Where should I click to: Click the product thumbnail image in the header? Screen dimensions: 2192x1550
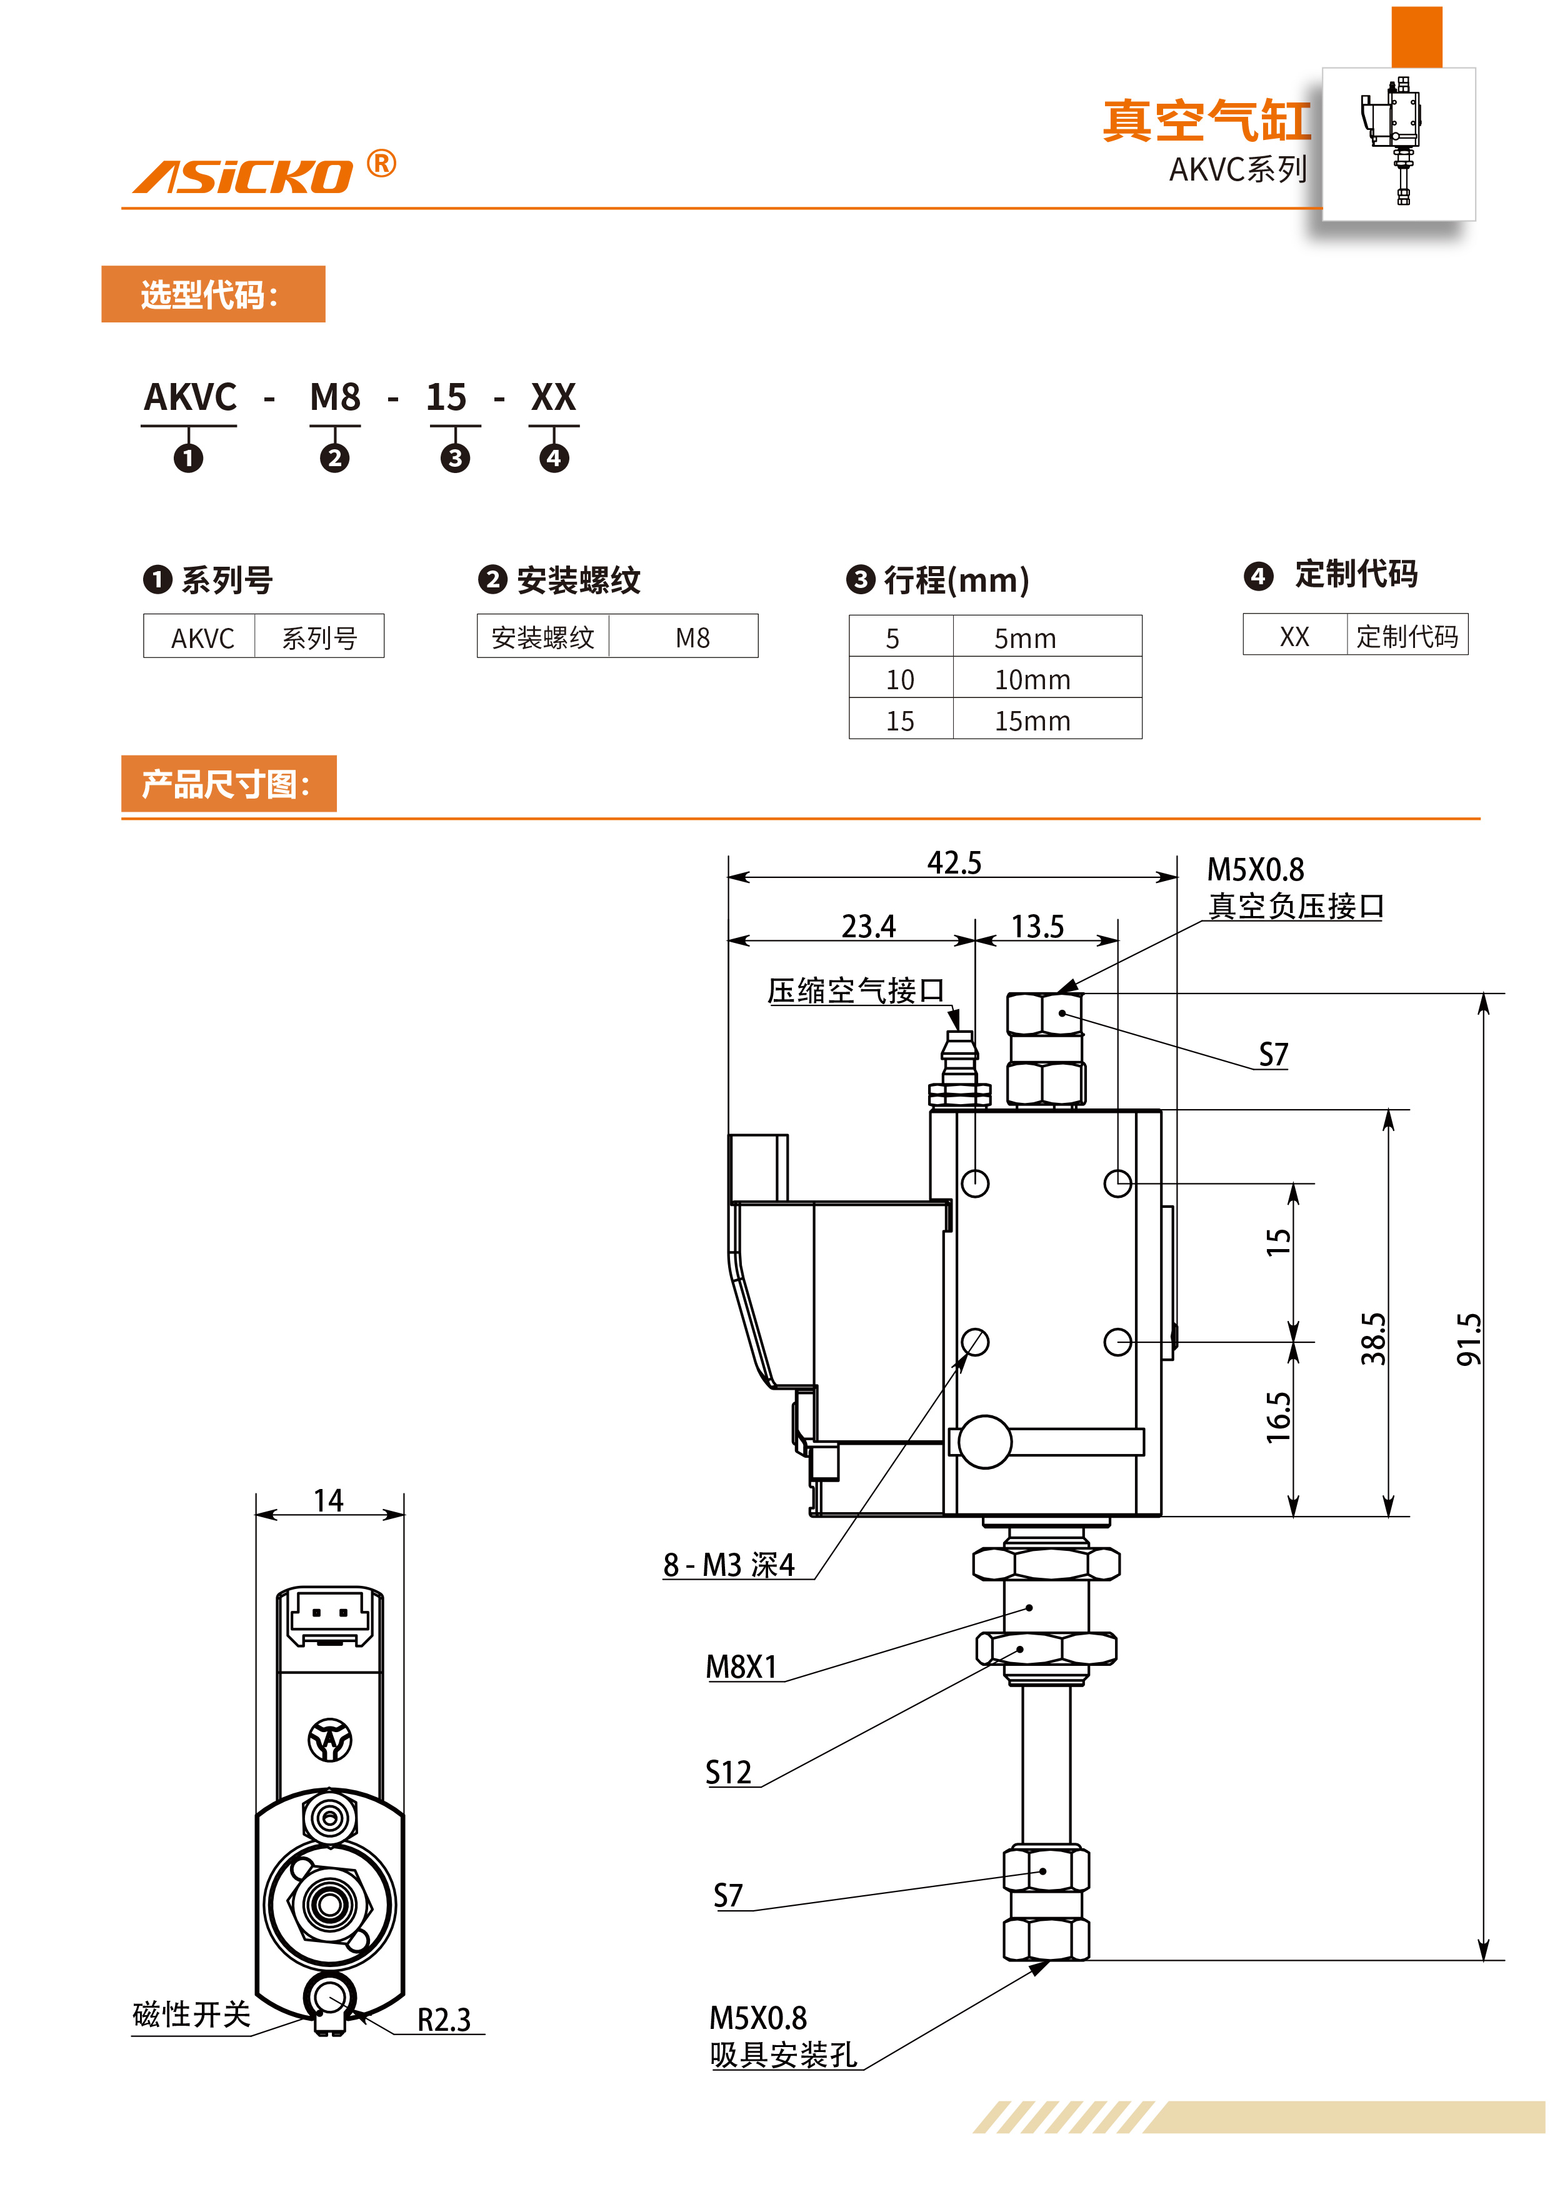click(1397, 142)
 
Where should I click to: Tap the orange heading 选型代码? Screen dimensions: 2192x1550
click(212, 294)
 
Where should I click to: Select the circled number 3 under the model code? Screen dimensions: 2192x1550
click(454, 458)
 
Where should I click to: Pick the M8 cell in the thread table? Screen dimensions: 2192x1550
click(692, 637)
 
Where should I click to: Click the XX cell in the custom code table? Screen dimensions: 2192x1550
click(1293, 636)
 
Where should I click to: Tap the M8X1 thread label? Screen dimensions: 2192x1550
click(741, 1667)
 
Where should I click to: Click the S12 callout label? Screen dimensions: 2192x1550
click(727, 1772)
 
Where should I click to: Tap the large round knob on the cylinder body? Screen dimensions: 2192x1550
click(984, 1441)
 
